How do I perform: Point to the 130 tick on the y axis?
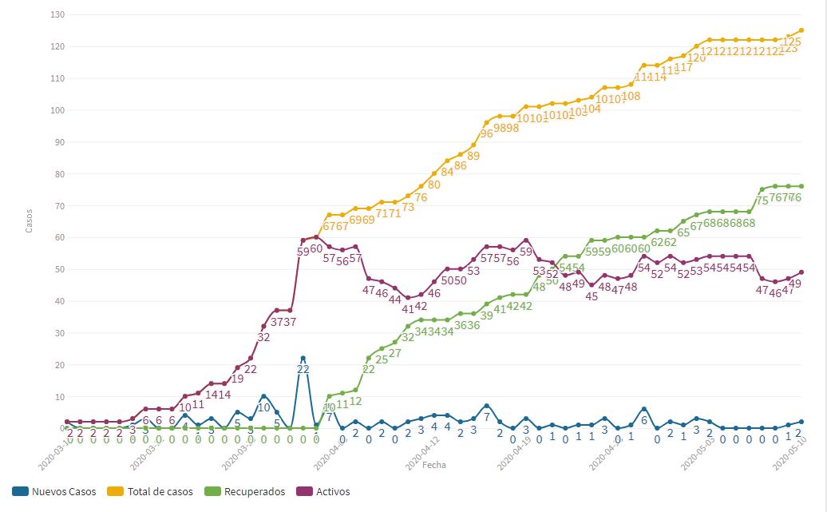pyautogui.click(x=57, y=15)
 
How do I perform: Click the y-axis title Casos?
pyautogui.click(x=30, y=221)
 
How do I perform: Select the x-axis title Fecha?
pyautogui.click(x=434, y=465)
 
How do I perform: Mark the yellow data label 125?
pyautogui.click(x=793, y=42)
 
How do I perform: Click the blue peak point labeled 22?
pyautogui.click(x=303, y=359)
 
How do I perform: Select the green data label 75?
pyautogui.click(x=762, y=200)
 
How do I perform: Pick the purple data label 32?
pyautogui.click(x=263, y=337)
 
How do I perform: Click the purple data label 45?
pyautogui.click(x=592, y=296)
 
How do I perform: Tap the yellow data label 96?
pyautogui.click(x=487, y=133)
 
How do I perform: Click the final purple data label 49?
pyautogui.click(x=794, y=284)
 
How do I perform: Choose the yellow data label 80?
pyautogui.click(x=434, y=185)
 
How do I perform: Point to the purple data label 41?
pyautogui.click(x=408, y=308)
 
